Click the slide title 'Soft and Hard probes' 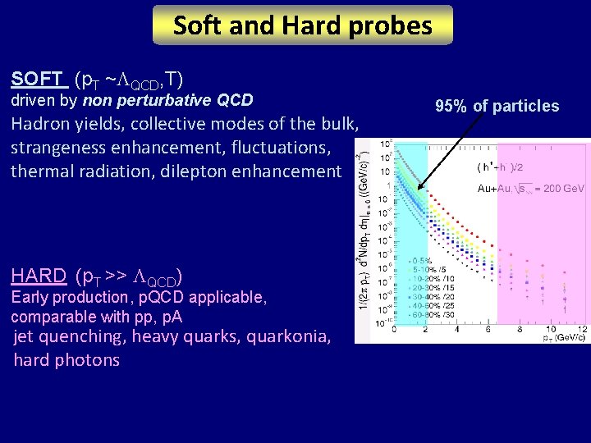pos(302,25)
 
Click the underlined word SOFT pos(38,80)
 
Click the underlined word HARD pos(39,276)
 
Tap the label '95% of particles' pos(497,106)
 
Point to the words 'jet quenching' pos(70,336)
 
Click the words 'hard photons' pos(66,360)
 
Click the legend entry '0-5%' pos(425,260)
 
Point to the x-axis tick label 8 pos(519,329)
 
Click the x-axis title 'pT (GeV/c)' pos(566,337)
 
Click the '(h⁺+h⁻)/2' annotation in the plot pos(502,167)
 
